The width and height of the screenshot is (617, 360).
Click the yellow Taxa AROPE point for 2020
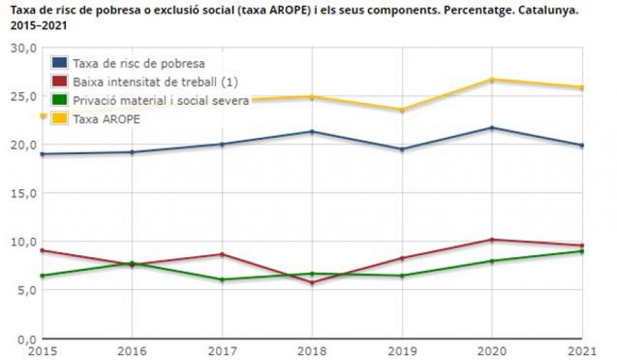[x=492, y=80]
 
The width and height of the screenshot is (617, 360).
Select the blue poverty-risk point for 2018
[x=313, y=132]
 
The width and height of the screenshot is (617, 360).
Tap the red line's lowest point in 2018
[x=313, y=283]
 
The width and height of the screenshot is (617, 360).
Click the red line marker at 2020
[x=492, y=240]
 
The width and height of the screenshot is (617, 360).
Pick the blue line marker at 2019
[x=402, y=149]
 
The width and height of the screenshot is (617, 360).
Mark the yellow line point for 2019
[x=402, y=110]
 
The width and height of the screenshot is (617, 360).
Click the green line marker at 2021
[x=581, y=251]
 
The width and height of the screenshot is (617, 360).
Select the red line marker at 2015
[x=43, y=250]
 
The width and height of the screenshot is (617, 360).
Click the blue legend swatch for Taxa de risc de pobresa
[x=60, y=63]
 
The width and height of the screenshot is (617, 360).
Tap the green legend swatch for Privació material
[x=60, y=100]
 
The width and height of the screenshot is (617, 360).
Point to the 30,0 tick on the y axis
[x=23, y=48]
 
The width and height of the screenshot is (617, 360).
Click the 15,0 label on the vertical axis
[x=23, y=193]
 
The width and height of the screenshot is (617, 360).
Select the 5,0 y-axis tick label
[x=25, y=290]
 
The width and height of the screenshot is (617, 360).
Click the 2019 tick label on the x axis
[x=402, y=350]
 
